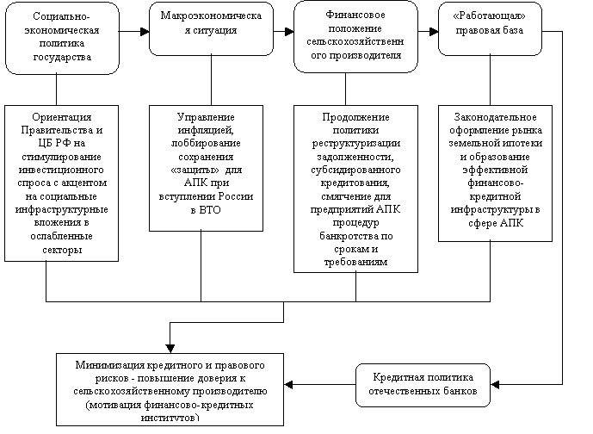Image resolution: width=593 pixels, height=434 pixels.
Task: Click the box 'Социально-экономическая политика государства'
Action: pos(62,38)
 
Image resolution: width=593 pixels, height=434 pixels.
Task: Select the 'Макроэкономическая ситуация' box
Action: pos(211,28)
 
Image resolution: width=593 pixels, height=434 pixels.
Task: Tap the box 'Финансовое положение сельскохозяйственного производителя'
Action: pos(355,37)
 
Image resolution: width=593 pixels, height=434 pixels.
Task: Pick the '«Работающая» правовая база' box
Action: pos(490,28)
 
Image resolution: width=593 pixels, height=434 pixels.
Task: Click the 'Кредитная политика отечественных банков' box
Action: pos(423,385)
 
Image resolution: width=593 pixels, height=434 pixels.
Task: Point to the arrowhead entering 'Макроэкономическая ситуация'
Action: pos(145,31)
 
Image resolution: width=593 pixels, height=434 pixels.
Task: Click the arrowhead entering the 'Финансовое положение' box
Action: pos(289,31)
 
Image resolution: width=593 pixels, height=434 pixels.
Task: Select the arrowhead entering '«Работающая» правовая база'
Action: pos(434,31)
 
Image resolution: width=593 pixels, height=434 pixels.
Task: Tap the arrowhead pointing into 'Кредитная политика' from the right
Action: pos(495,385)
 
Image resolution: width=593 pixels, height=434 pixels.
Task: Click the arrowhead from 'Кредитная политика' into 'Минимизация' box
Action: pos(288,385)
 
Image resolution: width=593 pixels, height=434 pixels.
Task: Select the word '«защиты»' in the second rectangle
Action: pos(195,170)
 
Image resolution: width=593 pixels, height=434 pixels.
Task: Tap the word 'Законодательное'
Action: pos(495,117)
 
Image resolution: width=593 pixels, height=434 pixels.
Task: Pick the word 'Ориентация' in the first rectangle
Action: pos(62,117)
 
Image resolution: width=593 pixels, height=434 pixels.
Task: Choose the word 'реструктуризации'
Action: pos(355,144)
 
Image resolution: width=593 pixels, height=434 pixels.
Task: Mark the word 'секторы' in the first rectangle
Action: pos(62,250)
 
